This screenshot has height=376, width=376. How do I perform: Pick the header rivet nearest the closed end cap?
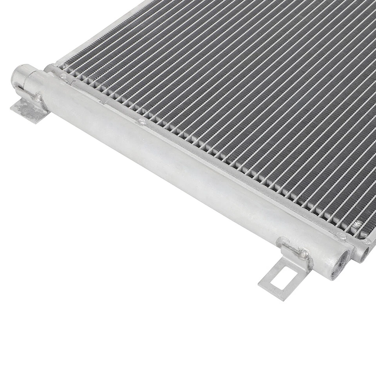click(x=63, y=77)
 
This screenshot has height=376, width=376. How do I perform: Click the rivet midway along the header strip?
click(x=142, y=122)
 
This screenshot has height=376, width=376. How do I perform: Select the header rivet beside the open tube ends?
click(x=342, y=236)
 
